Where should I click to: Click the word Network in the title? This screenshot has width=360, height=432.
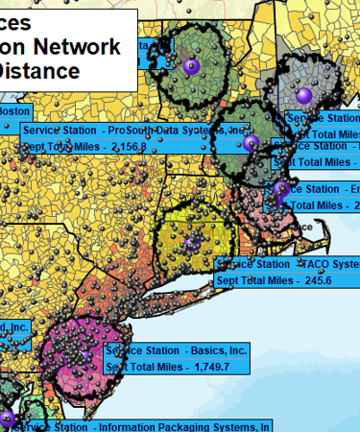coord(82,47)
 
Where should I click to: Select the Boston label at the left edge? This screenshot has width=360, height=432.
coord(10,111)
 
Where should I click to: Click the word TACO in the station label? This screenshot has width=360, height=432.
coord(316,263)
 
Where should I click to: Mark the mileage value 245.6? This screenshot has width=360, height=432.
coord(311,280)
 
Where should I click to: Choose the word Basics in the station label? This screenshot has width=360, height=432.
coord(202,350)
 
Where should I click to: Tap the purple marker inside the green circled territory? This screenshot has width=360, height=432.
coord(191,65)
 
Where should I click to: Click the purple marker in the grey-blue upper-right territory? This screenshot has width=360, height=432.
coord(305,94)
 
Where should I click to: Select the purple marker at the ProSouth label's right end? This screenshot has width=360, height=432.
coord(252,143)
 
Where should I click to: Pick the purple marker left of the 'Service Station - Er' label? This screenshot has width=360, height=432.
coord(281,189)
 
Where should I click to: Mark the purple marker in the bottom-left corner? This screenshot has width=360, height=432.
coord(6,418)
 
